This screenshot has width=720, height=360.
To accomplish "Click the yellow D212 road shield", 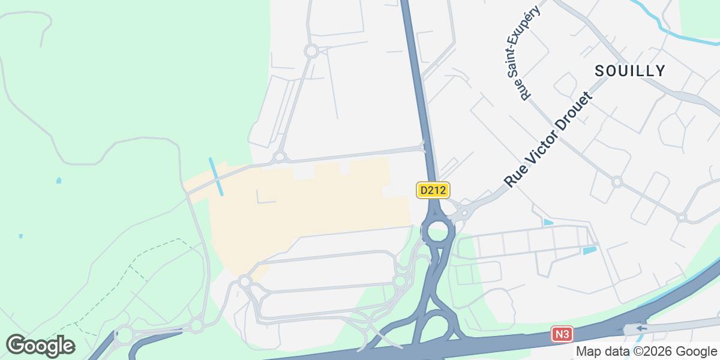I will pyautogui.click(x=433, y=190).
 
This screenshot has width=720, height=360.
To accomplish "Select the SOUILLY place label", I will pyautogui.click(x=630, y=71).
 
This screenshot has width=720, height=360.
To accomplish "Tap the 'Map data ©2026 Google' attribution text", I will pyautogui.click(x=646, y=351).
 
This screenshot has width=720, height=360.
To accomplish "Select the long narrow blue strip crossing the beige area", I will pyautogui.click(x=216, y=176).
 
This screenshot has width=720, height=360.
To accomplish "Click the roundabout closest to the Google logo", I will pyautogui.click(x=124, y=335).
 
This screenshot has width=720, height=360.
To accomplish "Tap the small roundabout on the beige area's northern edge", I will pyautogui.click(x=279, y=158).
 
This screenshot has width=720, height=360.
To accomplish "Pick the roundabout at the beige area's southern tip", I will pyautogui.click(x=244, y=281).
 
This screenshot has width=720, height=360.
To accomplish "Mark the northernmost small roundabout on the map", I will pyautogui.click(x=311, y=51).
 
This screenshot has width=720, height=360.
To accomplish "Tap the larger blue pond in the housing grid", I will pyautogui.click(x=590, y=250).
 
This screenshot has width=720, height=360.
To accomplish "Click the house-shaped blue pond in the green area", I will pyautogui.click(x=58, y=180).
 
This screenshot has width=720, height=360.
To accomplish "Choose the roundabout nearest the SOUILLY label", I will pyautogui.click(x=617, y=181).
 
